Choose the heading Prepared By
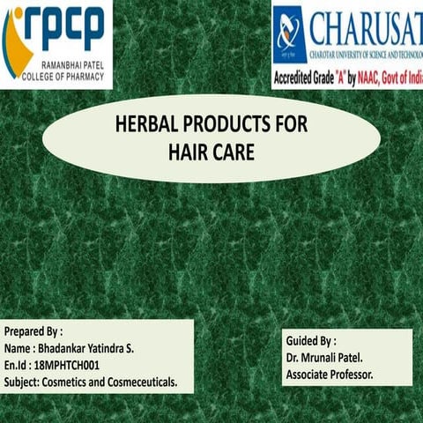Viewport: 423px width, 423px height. tap(33, 332)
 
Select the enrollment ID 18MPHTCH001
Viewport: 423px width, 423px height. tap(63, 364)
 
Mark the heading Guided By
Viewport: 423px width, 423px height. tap(310, 339)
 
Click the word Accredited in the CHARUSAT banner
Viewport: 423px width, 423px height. tap(297, 77)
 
